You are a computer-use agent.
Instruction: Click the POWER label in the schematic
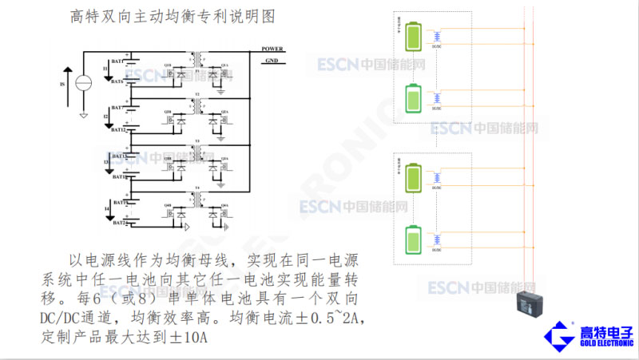click(x=272, y=49)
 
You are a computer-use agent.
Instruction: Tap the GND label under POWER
click(x=272, y=61)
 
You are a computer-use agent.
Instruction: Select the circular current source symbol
click(x=83, y=82)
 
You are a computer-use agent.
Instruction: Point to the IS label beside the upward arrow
click(x=63, y=82)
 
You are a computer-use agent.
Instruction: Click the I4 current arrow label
click(x=106, y=209)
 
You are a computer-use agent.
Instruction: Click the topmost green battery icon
click(x=415, y=36)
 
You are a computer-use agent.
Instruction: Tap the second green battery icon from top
click(x=415, y=98)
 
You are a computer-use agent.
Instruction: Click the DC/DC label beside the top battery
click(x=436, y=47)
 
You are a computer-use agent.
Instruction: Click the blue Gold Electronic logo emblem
click(x=560, y=337)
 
